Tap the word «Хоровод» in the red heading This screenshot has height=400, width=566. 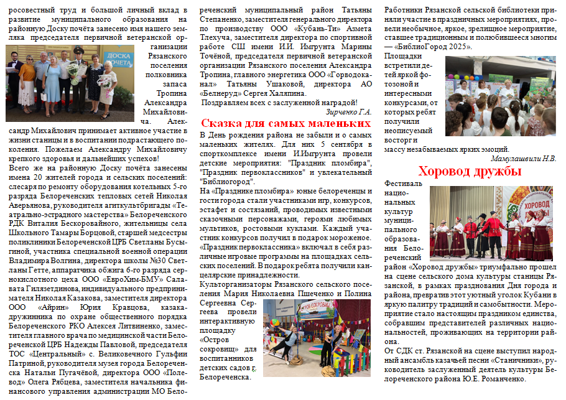pos(447,170)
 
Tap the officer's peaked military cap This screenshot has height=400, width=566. pos(79,49)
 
